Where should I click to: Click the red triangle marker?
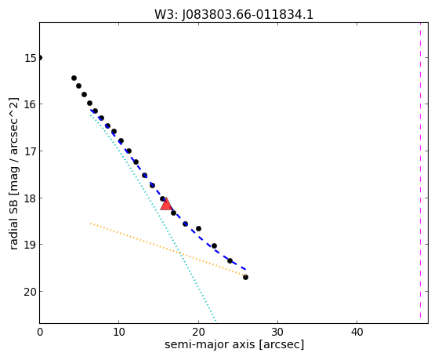pyautogui.click(x=166, y=204)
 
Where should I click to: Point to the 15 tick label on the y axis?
pyautogui.click(x=31, y=58)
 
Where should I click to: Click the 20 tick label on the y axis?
pyautogui.click(x=31, y=292)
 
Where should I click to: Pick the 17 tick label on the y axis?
pyautogui.click(x=31, y=151)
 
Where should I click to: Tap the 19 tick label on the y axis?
pyautogui.click(x=31, y=245)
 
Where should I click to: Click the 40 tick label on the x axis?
pyautogui.click(x=357, y=332)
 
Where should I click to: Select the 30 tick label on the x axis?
pyautogui.click(x=277, y=332)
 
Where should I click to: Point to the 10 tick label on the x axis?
pyautogui.click(x=119, y=332)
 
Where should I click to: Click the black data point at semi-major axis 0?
pyautogui.click(x=40, y=58)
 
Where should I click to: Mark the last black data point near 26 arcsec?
pyautogui.click(x=245, y=277)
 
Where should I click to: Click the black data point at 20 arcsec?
pyautogui.click(x=198, y=228)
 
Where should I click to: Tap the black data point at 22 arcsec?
pyautogui.click(x=214, y=245)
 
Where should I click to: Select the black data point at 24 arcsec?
pyautogui.click(x=230, y=260)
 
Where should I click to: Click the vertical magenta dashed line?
pyautogui.click(x=420, y=171)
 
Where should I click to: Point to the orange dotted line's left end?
pyautogui.click(x=90, y=224)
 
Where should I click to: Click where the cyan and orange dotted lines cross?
pyautogui.click(x=180, y=254)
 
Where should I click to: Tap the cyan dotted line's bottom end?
pyautogui.click(x=215, y=321)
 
